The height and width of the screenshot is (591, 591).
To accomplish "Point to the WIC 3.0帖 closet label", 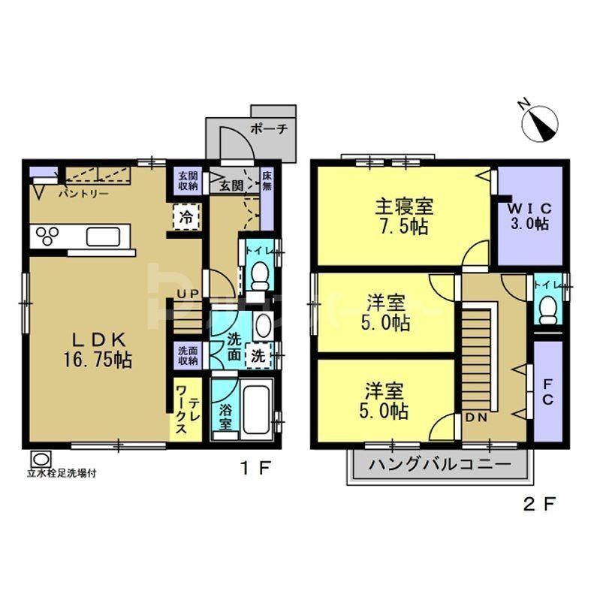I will (x=530, y=216).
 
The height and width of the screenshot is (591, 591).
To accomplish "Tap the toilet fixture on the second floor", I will (x=549, y=307).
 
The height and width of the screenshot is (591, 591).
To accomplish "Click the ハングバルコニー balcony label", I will (x=438, y=465).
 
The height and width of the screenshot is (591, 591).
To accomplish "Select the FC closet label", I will (x=547, y=390).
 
